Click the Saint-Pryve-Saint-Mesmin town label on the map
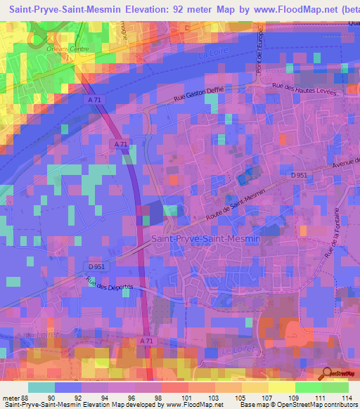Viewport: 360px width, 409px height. coord(206,239)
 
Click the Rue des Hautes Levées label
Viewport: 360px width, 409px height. coord(304,89)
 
